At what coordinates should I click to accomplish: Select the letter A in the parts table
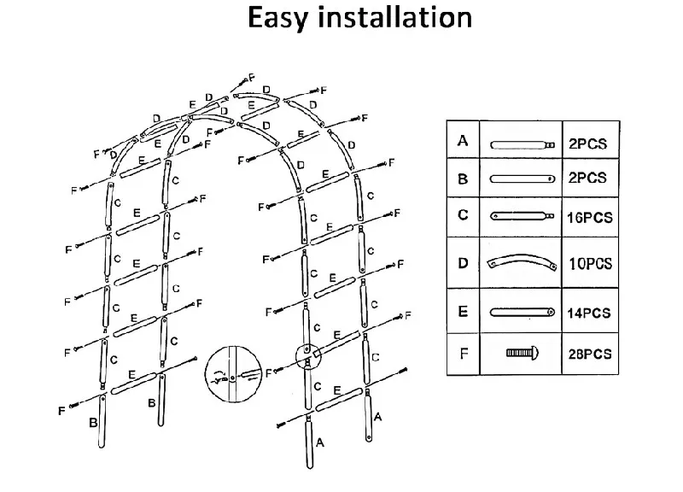tap(463, 141)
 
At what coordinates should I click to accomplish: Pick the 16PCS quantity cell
tap(590, 218)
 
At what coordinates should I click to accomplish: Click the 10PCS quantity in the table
tap(590, 264)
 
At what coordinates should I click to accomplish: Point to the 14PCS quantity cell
tap(590, 313)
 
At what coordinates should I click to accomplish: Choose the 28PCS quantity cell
tap(590, 353)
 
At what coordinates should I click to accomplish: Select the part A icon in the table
tap(522, 144)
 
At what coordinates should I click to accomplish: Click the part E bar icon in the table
tap(522, 312)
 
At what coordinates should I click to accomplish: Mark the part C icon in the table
tap(522, 217)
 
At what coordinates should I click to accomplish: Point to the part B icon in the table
tap(522, 179)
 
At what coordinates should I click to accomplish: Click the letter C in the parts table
tap(463, 214)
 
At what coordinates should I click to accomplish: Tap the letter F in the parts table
tap(463, 351)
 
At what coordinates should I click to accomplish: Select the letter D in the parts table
tap(463, 263)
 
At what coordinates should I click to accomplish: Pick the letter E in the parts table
tap(463, 311)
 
